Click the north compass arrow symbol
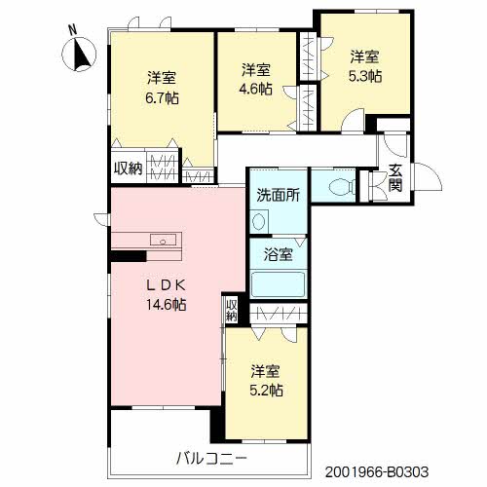(x=82, y=56)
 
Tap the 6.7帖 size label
(x=163, y=97)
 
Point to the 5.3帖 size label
(x=365, y=75)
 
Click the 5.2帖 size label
(x=266, y=390)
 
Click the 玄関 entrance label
(x=395, y=178)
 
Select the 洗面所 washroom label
(x=278, y=194)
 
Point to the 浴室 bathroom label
(x=278, y=255)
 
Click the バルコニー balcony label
(x=212, y=457)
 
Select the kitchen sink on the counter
(x=161, y=241)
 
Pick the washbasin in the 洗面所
(x=257, y=221)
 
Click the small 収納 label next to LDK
(x=232, y=310)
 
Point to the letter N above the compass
(x=71, y=29)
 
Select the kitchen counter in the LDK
(x=145, y=242)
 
